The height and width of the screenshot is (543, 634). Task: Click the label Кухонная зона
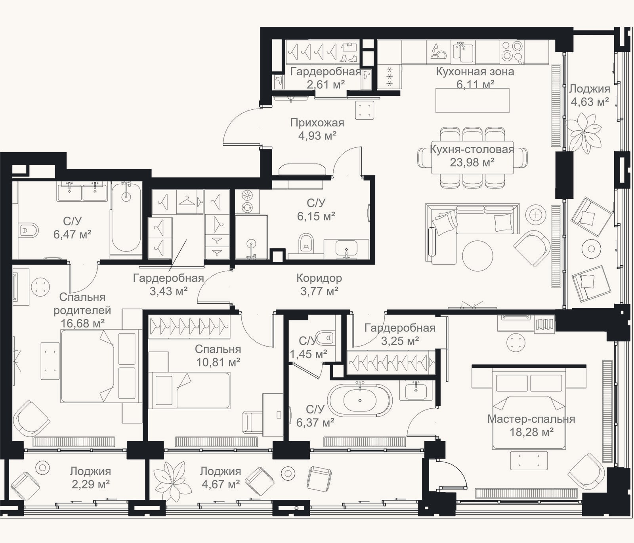coord(475,72)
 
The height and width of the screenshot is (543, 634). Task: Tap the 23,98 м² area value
coord(472,162)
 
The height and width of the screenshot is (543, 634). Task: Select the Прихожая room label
coord(317,123)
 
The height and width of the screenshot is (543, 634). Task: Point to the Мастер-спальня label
coord(531,419)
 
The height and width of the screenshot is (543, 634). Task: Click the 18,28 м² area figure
coord(531,432)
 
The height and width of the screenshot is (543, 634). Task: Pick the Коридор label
coord(319,278)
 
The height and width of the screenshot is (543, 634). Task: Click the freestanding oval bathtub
coord(360,400)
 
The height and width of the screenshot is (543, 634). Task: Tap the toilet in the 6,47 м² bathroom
coord(29,230)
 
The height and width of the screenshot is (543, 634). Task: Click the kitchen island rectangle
coord(472,101)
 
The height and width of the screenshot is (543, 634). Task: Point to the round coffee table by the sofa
coord(477,256)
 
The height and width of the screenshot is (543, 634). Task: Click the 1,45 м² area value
coord(308,354)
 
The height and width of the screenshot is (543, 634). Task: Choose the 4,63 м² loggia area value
coord(590,102)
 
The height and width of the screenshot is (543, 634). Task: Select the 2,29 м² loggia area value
coord(90,484)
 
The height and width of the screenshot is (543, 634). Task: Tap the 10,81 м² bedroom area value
coord(218,362)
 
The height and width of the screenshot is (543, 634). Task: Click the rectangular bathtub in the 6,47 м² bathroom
coord(126,217)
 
